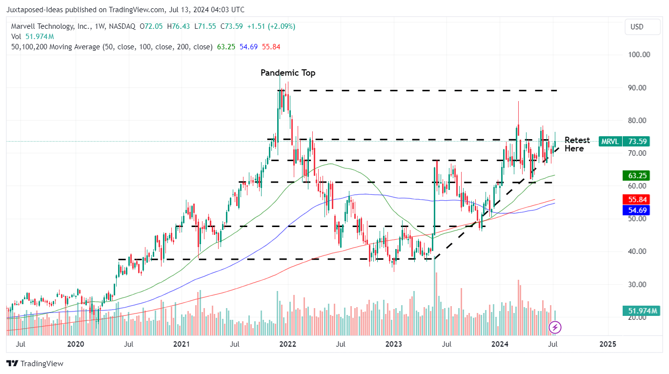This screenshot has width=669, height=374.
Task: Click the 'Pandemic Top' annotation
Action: [288, 73]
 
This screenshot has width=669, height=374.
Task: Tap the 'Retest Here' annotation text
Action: [577, 144]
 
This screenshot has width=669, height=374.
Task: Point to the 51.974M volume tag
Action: [640, 311]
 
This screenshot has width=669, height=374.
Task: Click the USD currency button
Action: [636, 27]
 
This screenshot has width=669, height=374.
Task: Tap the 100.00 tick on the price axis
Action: [638, 54]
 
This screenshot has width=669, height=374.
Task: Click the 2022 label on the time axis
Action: [287, 344]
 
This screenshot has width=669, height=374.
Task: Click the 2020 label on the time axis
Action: [75, 344]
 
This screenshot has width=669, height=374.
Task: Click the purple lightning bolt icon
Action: [555, 327]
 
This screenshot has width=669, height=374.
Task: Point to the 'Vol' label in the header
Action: [16, 37]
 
